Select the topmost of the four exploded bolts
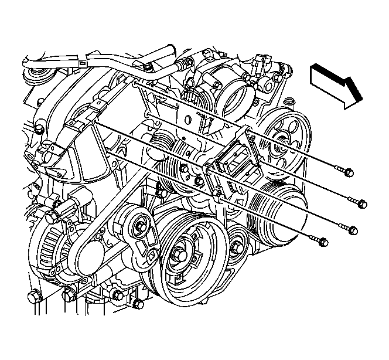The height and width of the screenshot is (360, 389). click(349, 172)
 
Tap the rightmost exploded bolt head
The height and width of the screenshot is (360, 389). click(361, 205)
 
